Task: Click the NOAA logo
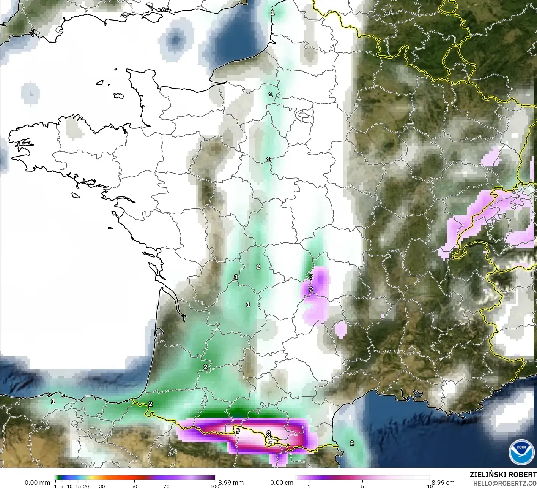[521, 453]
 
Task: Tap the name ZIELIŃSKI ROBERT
[503, 475]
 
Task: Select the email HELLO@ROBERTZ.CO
[505, 483]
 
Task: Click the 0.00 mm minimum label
[37, 483]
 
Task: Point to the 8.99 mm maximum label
[231, 483]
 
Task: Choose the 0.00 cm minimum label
[282, 483]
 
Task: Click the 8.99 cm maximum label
[443, 483]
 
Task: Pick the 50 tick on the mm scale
[134, 486]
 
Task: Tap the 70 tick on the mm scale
[166, 486]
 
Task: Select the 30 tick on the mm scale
[102, 486]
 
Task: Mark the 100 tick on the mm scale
[214, 486]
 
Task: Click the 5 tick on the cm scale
[362, 486]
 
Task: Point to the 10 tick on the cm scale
[430, 486]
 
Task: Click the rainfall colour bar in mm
[134, 478]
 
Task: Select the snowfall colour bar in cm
[362, 478]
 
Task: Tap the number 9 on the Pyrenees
[238, 431]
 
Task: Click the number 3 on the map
[311, 277]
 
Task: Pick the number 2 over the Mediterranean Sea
[352, 443]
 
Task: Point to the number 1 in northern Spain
[53, 401]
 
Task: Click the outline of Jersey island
[118, 96]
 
